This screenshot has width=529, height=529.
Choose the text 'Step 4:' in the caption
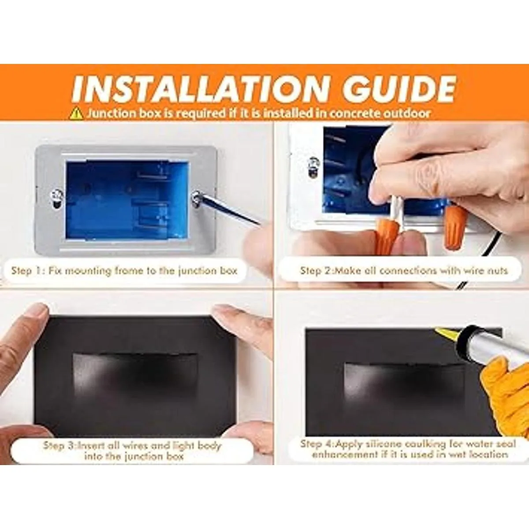pos(317,444)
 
